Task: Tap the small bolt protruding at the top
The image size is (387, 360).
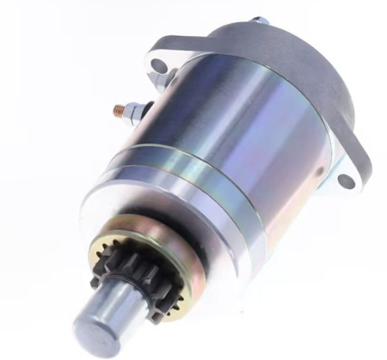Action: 258,18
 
